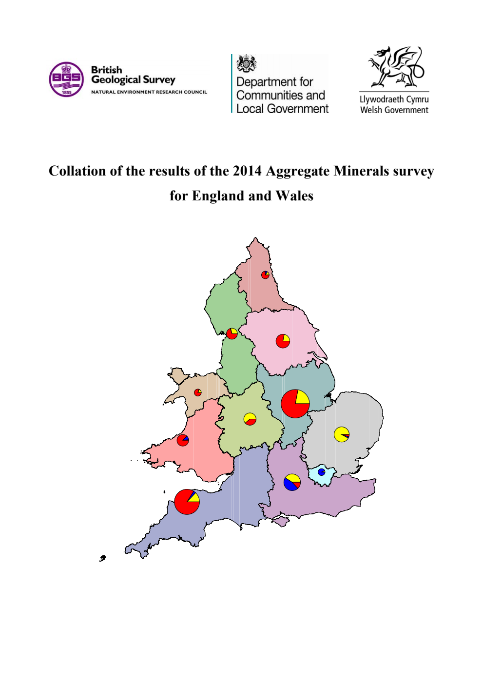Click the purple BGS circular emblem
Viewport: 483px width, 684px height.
(66, 79)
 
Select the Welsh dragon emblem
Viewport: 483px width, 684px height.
(395, 67)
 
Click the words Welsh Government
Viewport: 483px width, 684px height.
(394, 110)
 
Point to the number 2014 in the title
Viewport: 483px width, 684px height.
(247, 171)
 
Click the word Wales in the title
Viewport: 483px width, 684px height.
(294, 196)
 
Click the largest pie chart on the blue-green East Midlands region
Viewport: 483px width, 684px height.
(295, 404)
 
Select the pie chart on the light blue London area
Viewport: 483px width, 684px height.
(321, 472)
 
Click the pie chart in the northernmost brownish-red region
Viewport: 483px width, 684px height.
(265, 275)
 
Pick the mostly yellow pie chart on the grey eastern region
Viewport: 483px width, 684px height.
(342, 434)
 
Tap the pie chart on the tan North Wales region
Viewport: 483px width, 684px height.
(198, 392)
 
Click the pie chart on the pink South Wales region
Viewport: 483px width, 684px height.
(183, 440)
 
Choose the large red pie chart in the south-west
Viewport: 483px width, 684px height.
(187, 502)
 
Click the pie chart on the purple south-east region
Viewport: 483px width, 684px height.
(292, 482)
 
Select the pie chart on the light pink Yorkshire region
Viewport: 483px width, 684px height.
(283, 341)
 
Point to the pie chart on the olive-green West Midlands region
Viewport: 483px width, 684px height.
(250, 419)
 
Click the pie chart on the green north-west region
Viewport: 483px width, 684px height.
(232, 333)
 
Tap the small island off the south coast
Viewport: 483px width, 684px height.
(281, 522)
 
